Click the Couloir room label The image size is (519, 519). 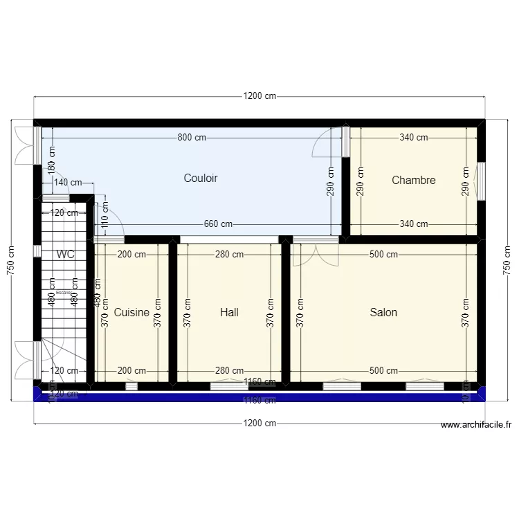coord(201,179)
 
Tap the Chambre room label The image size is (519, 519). coord(413,181)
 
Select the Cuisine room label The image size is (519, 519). coord(131,313)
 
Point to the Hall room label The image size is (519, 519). coord(229,313)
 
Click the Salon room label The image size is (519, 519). coord(383,313)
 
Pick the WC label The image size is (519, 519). coord(66,255)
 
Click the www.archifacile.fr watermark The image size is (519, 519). coord(475,426)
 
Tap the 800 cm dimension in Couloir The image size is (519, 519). coord(192,138)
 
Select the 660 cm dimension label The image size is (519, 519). coord(218,224)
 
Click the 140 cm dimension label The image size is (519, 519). coord(67,183)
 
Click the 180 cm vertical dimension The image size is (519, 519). coord(51,161)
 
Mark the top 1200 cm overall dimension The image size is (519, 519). coord(259,96)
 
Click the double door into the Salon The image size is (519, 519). coord(315,255)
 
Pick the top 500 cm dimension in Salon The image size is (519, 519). coord(383,255)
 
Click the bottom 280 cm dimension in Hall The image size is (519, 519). coord(229,371)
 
